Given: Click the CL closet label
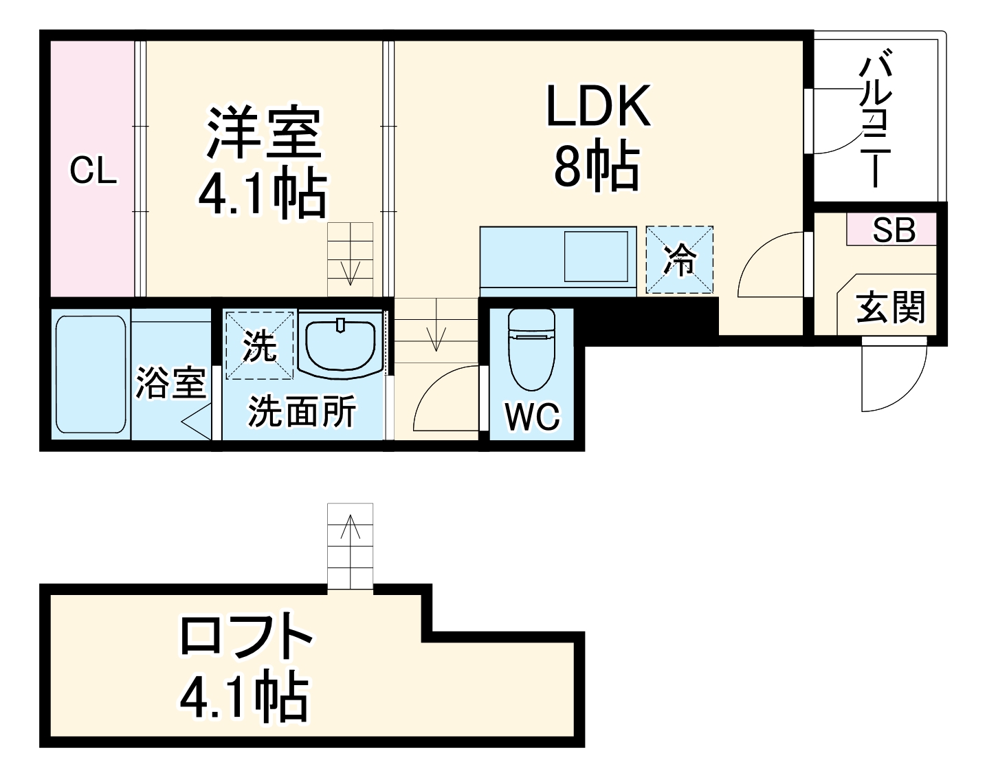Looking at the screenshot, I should click(93, 171).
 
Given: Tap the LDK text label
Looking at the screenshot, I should click(598, 107).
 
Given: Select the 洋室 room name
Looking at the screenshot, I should click(264, 132).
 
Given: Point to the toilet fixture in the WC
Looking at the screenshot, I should click(531, 351).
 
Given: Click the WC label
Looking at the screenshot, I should click(532, 415).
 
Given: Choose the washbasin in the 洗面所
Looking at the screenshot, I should click(341, 345).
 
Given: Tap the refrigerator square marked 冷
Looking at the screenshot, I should click(679, 260).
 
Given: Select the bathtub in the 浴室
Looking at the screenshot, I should click(91, 374).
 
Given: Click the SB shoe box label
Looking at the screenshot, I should click(894, 230).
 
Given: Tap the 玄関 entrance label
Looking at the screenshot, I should click(891, 307).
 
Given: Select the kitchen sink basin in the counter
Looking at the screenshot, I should click(596, 257).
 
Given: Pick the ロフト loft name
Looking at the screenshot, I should click(246, 636).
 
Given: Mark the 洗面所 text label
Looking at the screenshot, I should click(302, 412).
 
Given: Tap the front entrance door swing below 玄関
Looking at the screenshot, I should click(894, 377).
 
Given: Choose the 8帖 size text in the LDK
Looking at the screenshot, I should click(597, 168).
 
